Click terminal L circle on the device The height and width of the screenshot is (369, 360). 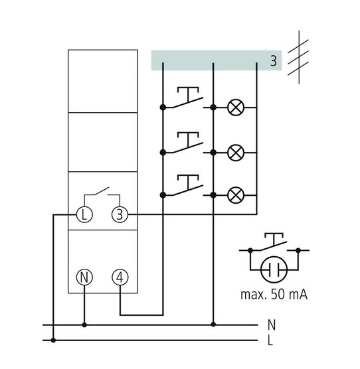point(84,214)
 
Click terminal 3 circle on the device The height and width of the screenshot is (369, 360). point(120,214)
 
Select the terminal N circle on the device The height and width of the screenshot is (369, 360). point(84,277)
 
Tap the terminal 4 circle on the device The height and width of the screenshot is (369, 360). point(120,277)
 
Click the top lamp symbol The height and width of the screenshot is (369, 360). point(236,108)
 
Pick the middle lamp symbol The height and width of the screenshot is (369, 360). point(236,153)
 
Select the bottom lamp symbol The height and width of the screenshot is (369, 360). point(236,195)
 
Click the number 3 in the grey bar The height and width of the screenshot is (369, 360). point(274,60)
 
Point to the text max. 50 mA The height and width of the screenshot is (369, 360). point(274,295)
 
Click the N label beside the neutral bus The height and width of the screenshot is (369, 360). point(272,325)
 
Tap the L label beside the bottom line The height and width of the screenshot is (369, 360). point(270,340)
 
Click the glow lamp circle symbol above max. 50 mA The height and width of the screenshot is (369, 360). point(274,269)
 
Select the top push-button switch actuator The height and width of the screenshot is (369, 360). point(188,94)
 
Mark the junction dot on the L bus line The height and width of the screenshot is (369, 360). point(53,340)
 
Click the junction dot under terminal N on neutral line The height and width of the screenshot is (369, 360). point(84,325)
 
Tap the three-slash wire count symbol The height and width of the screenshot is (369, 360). point(298,57)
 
